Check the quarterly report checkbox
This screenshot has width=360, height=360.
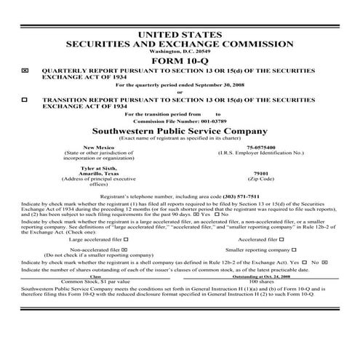click(26, 71)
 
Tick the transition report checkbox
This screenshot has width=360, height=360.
click(26, 97)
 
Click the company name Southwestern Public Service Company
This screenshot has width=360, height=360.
click(180, 129)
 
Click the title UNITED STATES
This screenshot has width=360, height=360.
click(180, 34)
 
